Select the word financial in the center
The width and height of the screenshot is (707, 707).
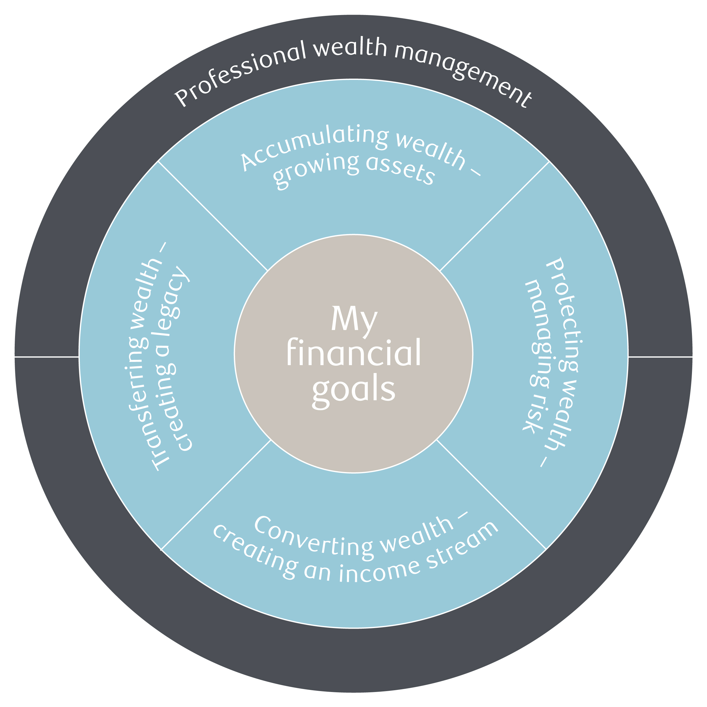coord(353,353)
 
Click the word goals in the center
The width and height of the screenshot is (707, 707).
coord(353,390)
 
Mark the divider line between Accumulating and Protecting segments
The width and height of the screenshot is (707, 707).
coord(494,216)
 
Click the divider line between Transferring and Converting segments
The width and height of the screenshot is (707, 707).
coord(216,494)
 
